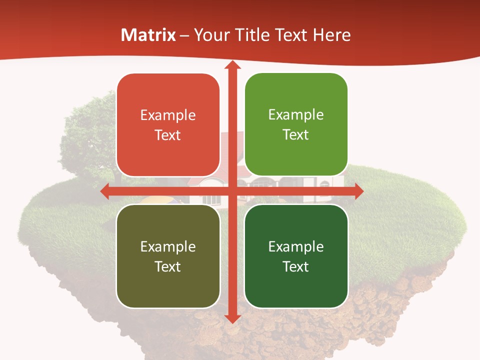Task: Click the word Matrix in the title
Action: [x=148, y=35]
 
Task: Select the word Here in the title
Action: [x=332, y=35]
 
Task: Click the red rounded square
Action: [x=168, y=125]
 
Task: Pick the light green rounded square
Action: [x=296, y=124]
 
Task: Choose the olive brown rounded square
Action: [x=168, y=256]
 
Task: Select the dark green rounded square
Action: [x=296, y=256]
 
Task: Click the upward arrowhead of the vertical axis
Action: [x=232, y=65]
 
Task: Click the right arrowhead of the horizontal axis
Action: [x=358, y=191]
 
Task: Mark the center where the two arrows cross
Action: [x=232, y=191]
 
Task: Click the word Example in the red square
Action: [x=168, y=115]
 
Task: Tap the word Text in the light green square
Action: [x=296, y=135]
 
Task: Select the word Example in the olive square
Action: [x=168, y=246]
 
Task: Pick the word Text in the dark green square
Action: [x=296, y=266]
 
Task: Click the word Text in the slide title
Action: [x=290, y=35]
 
